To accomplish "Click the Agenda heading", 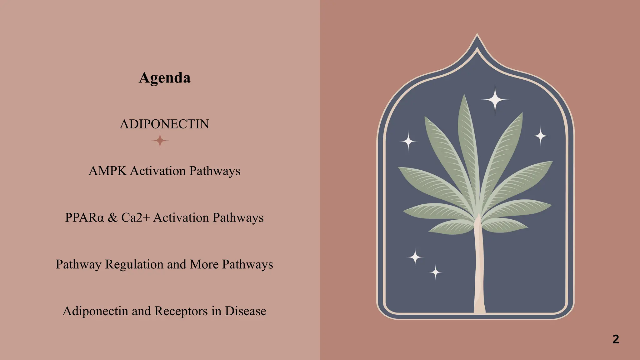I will tap(164, 78).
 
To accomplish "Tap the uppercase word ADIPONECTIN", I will tap(164, 124).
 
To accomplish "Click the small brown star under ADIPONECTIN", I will tap(160, 141).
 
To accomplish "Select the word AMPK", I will tap(107, 171).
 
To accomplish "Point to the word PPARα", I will tap(84, 217).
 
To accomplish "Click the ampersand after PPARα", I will tap(112, 217).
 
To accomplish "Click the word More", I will tap(204, 264).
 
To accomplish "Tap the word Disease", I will tap(246, 311).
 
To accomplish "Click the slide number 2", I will tap(616, 339).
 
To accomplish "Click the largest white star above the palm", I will tap(495, 100).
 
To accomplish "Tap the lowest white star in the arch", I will tap(435, 272).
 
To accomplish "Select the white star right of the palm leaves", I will tap(541, 136).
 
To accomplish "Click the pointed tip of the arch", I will tap(477, 35).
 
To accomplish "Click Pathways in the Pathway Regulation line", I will tap(247, 264).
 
